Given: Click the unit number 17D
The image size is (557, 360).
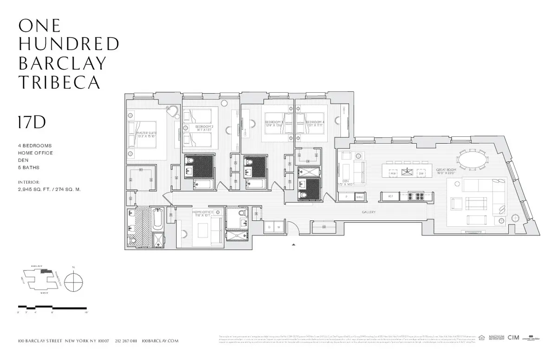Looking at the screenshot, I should [x=32, y=122].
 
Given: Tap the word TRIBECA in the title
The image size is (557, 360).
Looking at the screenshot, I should [x=59, y=82].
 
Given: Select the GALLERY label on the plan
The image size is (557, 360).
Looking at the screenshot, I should [x=369, y=212].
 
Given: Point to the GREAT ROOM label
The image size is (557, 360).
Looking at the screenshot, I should [x=447, y=170].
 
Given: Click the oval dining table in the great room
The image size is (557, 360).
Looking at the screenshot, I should [x=473, y=162].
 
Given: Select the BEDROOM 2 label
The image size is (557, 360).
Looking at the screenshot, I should [x=204, y=126].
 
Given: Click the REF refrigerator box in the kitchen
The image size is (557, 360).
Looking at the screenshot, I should [x=390, y=197].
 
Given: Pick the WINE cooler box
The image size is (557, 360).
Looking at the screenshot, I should [x=359, y=197].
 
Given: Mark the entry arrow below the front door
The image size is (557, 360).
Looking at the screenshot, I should [x=293, y=244].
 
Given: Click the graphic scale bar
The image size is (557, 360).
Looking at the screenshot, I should [x=52, y=307].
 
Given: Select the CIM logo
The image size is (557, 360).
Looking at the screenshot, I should [x=513, y=338].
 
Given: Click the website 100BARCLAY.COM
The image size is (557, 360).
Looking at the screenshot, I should [x=160, y=341].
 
